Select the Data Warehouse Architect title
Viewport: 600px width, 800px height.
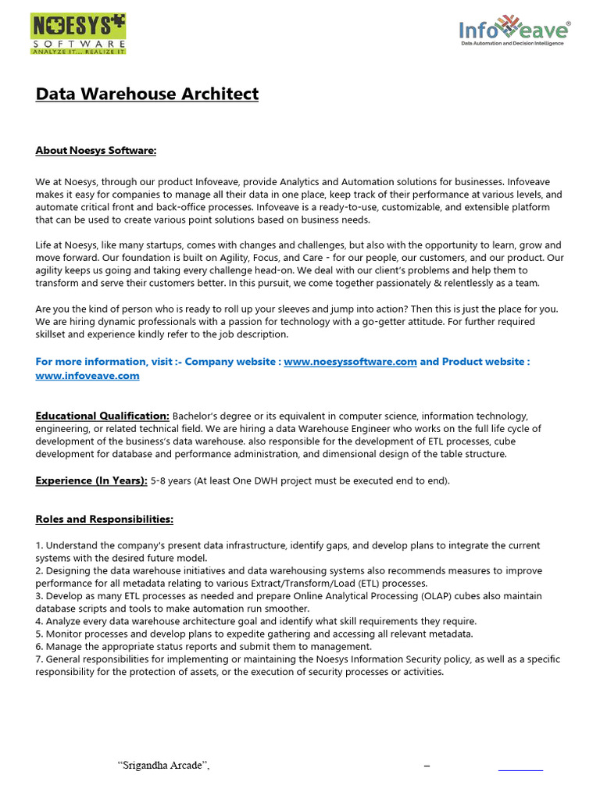pos(147,95)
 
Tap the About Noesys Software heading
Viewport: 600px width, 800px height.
pos(96,151)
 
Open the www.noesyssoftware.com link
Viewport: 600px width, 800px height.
pos(350,362)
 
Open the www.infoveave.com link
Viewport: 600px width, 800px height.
pos(87,376)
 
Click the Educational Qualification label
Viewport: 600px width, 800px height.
pos(102,416)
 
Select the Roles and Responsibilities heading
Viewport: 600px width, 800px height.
pos(105,520)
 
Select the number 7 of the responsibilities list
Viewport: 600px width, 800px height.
pos(38,659)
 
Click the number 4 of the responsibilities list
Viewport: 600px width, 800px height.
pos(38,621)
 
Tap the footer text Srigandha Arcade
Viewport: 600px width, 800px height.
pos(163,766)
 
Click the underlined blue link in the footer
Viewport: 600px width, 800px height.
pos(520,766)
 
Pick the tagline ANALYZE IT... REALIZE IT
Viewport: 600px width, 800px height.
pos(78,51)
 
